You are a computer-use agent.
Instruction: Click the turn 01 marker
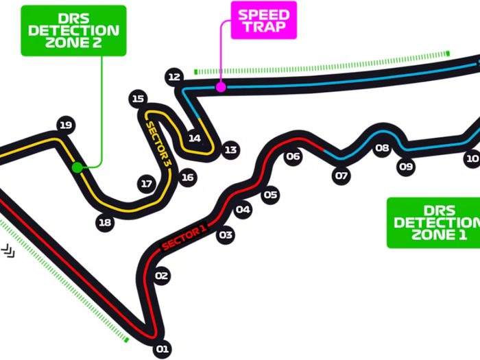[x=162, y=350]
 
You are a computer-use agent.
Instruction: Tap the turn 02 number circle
[x=162, y=276]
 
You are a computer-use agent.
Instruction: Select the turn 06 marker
[x=293, y=156]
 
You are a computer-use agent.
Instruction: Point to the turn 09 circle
[x=406, y=166]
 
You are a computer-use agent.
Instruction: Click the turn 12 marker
[x=173, y=77]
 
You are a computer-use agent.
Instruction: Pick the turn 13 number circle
[x=230, y=149]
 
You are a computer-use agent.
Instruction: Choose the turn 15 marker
[x=139, y=98]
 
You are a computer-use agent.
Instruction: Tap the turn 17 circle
[x=146, y=184]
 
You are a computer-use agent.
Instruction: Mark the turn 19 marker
[x=66, y=125]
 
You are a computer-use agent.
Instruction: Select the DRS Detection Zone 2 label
[x=74, y=30]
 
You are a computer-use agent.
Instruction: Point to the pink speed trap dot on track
[x=220, y=87]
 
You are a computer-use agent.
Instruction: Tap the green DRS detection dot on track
[x=77, y=167]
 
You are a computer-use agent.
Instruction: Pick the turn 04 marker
[x=243, y=210]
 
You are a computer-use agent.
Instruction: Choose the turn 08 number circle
[x=382, y=147]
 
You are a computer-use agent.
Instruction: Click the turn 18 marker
[x=104, y=222]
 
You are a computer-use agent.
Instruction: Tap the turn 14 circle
[x=195, y=138]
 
